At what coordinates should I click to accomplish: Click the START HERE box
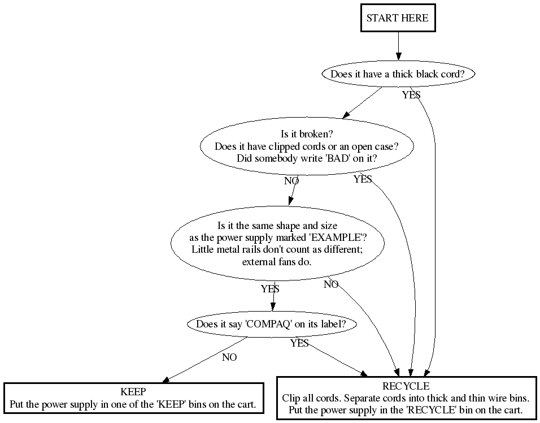[x=398, y=18]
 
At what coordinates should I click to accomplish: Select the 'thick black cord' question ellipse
[x=398, y=74]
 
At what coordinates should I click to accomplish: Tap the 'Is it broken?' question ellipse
[x=307, y=146]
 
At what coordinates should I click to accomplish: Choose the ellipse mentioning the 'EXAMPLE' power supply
[x=277, y=243]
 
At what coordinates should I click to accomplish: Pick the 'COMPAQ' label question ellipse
[x=274, y=325]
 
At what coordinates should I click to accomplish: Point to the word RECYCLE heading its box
[x=406, y=387]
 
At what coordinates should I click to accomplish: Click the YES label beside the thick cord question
[x=411, y=95]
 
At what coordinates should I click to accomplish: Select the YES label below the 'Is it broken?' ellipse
[x=363, y=179]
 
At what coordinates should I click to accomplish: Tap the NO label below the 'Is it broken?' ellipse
[x=291, y=182]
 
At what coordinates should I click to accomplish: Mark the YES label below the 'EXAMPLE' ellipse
[x=270, y=289]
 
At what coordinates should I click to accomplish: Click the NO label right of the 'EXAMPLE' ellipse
[x=331, y=284]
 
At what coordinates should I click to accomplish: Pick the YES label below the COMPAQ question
[x=299, y=343]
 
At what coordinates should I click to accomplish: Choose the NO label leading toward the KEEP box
[x=229, y=357]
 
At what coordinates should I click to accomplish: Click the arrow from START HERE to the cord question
[x=398, y=46]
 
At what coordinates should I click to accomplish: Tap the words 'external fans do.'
[x=277, y=262]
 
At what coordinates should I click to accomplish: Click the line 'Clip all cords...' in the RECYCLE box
[x=406, y=398]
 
